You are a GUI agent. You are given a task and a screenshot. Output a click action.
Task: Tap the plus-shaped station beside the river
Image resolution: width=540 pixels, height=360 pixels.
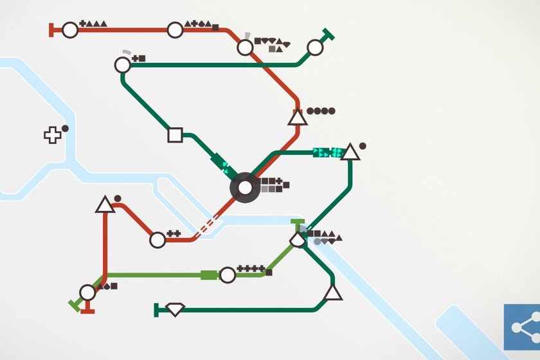(51, 135)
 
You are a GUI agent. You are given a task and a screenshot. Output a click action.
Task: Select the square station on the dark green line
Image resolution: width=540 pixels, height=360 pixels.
(174, 135)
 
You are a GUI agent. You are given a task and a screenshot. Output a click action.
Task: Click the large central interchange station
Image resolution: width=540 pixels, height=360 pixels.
(246, 188)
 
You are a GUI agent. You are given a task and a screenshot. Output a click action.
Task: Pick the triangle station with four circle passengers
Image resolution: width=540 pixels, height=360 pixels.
(296, 117)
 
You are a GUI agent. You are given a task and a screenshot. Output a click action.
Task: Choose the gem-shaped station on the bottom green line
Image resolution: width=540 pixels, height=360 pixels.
(175, 309)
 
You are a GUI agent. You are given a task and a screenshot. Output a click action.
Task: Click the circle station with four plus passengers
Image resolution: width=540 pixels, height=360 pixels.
(227, 275)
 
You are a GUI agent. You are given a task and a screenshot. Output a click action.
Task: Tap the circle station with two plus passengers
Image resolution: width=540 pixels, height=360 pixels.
(157, 240)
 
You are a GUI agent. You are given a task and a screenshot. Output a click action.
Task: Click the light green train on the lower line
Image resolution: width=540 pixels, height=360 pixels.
(209, 275)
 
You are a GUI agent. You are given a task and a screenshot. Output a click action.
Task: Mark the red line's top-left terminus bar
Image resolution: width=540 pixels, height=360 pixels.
(51, 30)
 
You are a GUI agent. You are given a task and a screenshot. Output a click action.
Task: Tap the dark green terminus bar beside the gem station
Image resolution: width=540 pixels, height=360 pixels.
(156, 310)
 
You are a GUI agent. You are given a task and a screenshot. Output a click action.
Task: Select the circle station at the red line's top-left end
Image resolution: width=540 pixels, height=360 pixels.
(70, 30)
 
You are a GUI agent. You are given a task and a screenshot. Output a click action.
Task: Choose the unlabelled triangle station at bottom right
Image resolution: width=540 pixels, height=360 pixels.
(332, 293)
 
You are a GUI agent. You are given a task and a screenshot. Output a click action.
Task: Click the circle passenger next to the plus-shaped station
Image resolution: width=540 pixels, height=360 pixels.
(65, 129)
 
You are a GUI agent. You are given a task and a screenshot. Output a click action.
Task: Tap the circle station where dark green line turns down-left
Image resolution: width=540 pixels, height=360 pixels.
(123, 65)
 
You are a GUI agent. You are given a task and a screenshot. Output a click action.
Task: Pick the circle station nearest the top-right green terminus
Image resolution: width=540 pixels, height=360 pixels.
(315, 48)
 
